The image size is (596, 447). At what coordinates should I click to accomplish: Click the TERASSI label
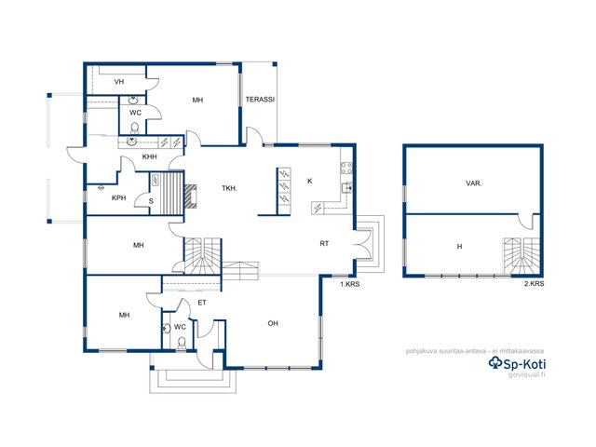260,100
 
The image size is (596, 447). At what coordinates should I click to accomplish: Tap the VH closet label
119,82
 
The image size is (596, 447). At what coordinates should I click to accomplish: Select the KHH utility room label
149,156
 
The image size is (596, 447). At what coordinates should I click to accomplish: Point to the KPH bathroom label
118,198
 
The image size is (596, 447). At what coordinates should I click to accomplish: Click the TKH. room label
230,188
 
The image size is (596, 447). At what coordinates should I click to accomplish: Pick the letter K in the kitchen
310,182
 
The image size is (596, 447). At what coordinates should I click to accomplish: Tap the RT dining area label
324,244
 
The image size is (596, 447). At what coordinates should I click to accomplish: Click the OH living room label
273,323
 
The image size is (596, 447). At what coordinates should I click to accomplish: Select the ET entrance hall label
202,303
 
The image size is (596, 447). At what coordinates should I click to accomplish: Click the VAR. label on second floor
474,183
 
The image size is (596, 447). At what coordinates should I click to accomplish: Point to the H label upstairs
459,247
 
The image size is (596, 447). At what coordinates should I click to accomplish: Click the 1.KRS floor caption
350,284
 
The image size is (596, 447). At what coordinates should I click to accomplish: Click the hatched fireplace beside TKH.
191,196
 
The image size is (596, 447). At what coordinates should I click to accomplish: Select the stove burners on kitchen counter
346,169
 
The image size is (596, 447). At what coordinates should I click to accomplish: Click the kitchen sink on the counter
347,187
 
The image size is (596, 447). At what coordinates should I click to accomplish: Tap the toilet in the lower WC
182,343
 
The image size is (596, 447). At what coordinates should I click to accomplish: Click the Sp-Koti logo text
518,364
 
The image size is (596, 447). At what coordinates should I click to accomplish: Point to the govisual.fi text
527,374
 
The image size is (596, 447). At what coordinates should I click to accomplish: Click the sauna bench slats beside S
172,194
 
